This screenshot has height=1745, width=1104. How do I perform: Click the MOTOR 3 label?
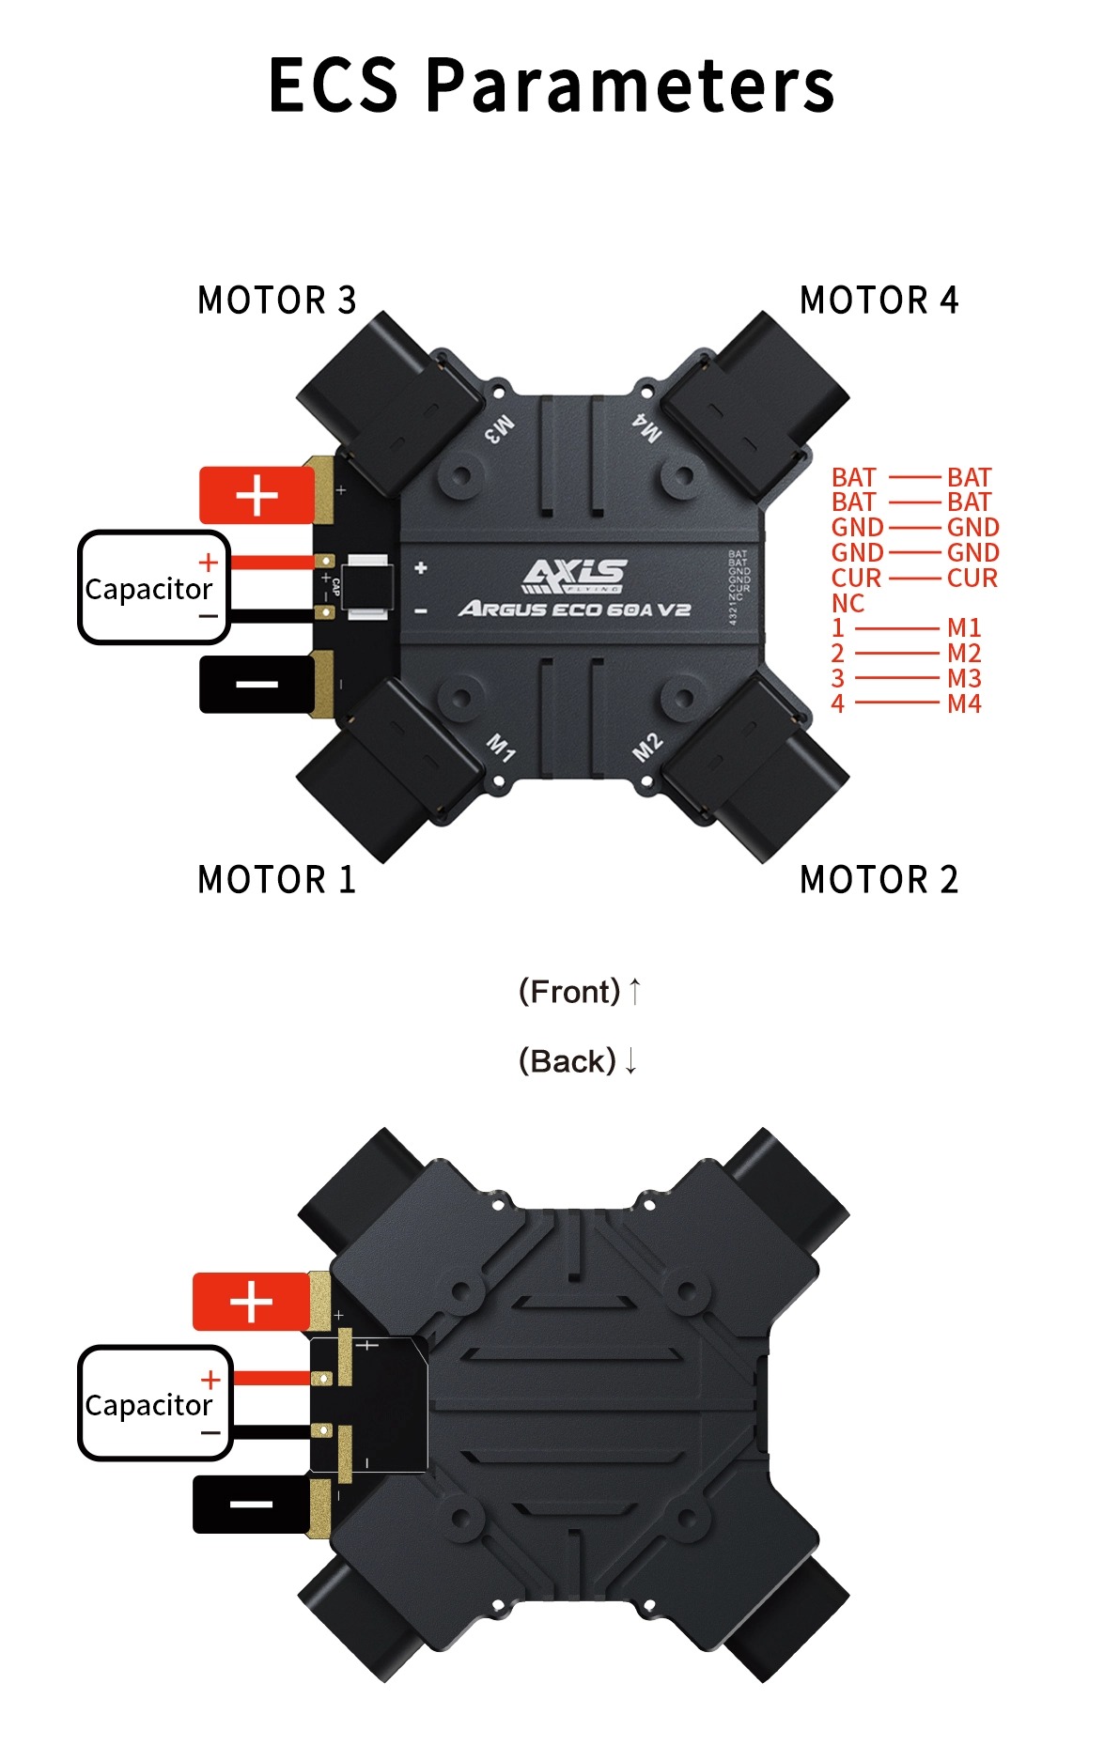[x=277, y=301]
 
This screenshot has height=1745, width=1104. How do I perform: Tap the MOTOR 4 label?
[x=879, y=301]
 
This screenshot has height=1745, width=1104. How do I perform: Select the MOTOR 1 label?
[x=277, y=880]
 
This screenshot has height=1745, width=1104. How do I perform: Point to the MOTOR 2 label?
[x=879, y=880]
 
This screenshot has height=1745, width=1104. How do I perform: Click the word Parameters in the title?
[x=630, y=85]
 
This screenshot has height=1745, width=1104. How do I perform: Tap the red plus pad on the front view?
[x=257, y=495]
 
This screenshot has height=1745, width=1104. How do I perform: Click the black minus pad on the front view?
[x=257, y=684]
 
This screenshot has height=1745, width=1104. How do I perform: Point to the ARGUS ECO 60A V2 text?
[x=574, y=610]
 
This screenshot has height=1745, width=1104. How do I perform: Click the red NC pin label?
[x=847, y=603]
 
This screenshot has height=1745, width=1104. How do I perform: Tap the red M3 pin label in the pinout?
[x=964, y=678]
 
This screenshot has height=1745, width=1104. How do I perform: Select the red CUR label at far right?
[x=972, y=578]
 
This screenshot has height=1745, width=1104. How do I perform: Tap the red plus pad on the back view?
[x=251, y=1302]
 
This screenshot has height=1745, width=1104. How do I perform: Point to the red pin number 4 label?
[x=837, y=703]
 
